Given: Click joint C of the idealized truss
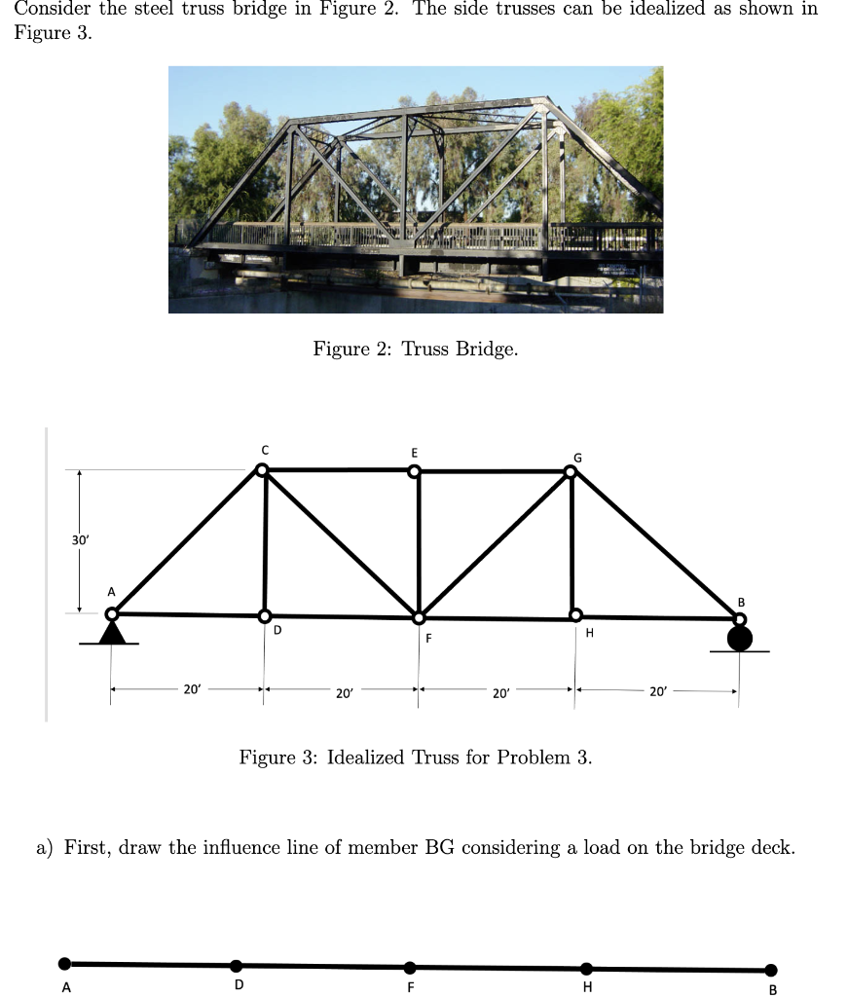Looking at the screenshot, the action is click(261, 470).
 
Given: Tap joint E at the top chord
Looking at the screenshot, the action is click(415, 471).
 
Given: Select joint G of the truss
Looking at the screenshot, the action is click(571, 472).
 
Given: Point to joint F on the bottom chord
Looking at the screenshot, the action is click(419, 617).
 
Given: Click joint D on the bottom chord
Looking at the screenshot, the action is click(264, 616).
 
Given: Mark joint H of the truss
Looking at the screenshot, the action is click(576, 615).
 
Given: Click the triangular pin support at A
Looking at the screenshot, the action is click(113, 633).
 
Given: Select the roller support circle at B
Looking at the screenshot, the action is click(739, 638).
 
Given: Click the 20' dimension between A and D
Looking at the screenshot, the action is click(192, 689).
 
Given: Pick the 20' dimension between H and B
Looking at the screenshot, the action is click(657, 692).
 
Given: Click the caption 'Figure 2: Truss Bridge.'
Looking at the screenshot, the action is click(415, 349).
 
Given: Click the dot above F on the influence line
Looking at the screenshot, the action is click(410, 967).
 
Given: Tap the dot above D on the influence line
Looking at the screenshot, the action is click(237, 966).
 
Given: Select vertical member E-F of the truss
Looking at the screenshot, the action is click(418, 543).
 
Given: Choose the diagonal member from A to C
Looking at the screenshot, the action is click(187, 541).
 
